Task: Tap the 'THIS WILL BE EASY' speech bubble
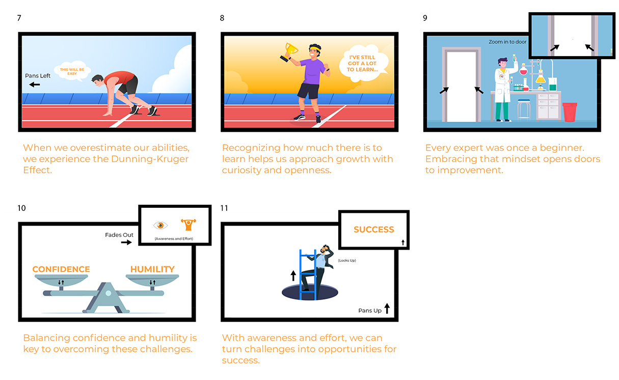click(72, 71)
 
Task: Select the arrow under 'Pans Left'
click(35, 85)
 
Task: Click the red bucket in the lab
click(570, 112)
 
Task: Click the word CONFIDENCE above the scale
click(61, 269)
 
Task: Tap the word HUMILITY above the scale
click(152, 269)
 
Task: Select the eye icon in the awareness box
click(160, 226)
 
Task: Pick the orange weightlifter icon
click(189, 225)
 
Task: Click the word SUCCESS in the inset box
click(374, 229)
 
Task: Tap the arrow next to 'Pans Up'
click(387, 308)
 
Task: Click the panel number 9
click(425, 18)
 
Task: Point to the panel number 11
click(224, 208)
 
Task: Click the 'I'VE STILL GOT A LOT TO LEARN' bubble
click(363, 63)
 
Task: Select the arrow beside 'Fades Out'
click(126, 242)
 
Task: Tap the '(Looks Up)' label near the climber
click(347, 260)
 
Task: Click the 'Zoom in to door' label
click(507, 42)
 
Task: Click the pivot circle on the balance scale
click(109, 293)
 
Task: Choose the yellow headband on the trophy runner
click(315, 49)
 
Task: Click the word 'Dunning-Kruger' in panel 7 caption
click(150, 159)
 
